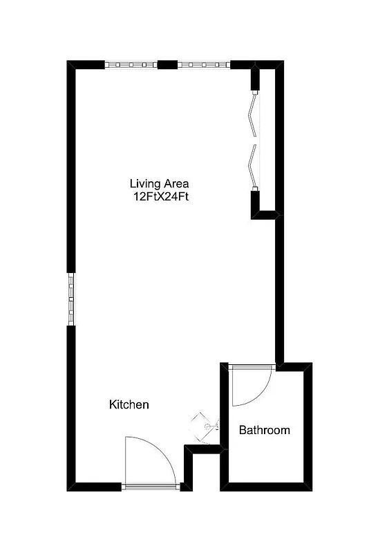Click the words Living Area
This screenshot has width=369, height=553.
click(x=159, y=184)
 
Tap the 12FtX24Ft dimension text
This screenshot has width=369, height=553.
click(x=161, y=196)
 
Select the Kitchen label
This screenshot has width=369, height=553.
click(x=129, y=404)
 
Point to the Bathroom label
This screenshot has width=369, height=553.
click(x=265, y=430)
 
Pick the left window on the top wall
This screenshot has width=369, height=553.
click(x=131, y=65)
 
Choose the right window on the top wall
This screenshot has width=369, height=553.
click(x=203, y=65)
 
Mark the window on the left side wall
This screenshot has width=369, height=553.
click(x=70, y=299)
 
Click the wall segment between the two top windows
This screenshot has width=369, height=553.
click(x=167, y=65)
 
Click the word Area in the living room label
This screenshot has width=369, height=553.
click(x=176, y=184)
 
